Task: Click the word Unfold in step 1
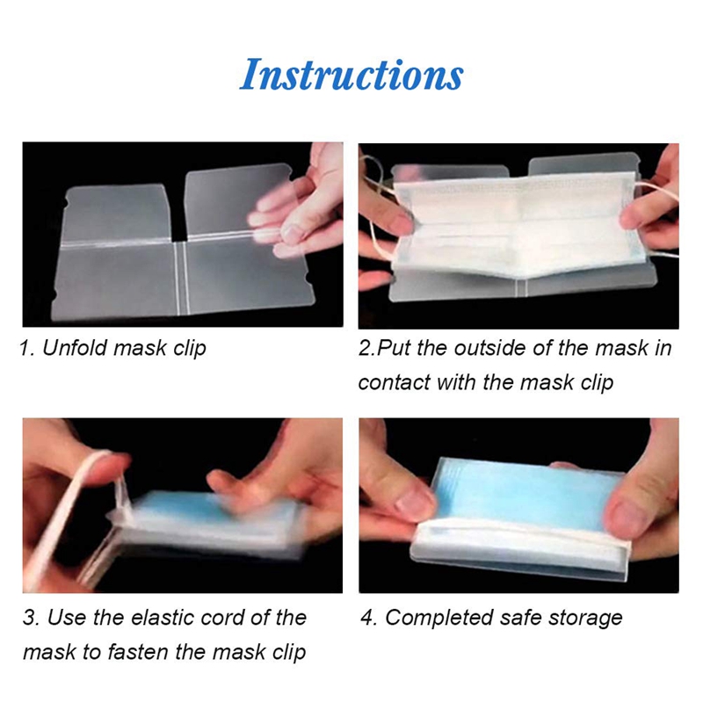pyautogui.click(x=75, y=348)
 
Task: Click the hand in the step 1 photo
pyautogui.click(x=303, y=207)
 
